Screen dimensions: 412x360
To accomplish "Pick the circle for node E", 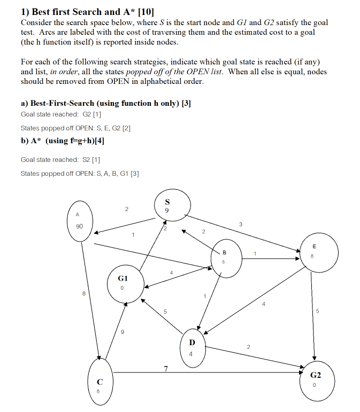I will [317, 253].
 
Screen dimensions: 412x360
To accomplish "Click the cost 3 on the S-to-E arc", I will [241, 224].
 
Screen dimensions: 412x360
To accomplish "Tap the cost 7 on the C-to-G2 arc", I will [166, 369].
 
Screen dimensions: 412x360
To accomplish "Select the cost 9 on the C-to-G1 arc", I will [122, 332].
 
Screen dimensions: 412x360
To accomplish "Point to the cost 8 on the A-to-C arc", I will [83, 293].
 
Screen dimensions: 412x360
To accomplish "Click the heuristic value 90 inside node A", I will [79, 227].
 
